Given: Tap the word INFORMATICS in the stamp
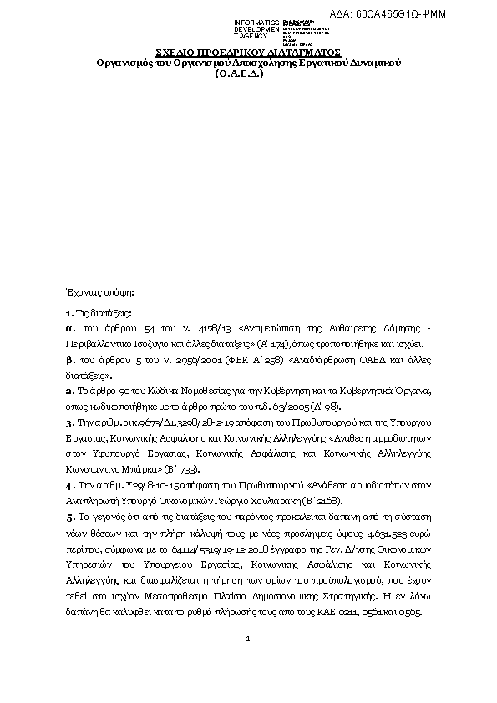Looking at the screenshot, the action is [257, 22].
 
